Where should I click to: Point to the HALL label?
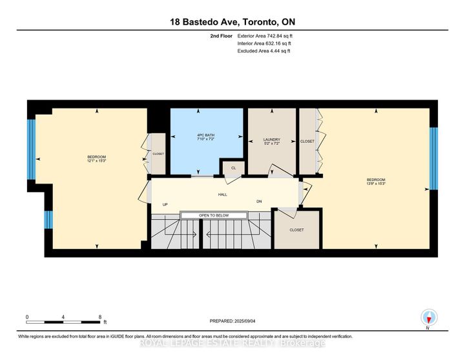point(223,194)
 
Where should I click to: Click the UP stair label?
point(165,205)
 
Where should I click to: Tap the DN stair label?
point(260,201)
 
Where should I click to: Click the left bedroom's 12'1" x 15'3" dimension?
point(96,161)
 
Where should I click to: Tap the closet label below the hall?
point(296,229)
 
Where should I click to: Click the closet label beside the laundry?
point(307,141)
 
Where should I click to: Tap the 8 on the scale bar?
point(99,317)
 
